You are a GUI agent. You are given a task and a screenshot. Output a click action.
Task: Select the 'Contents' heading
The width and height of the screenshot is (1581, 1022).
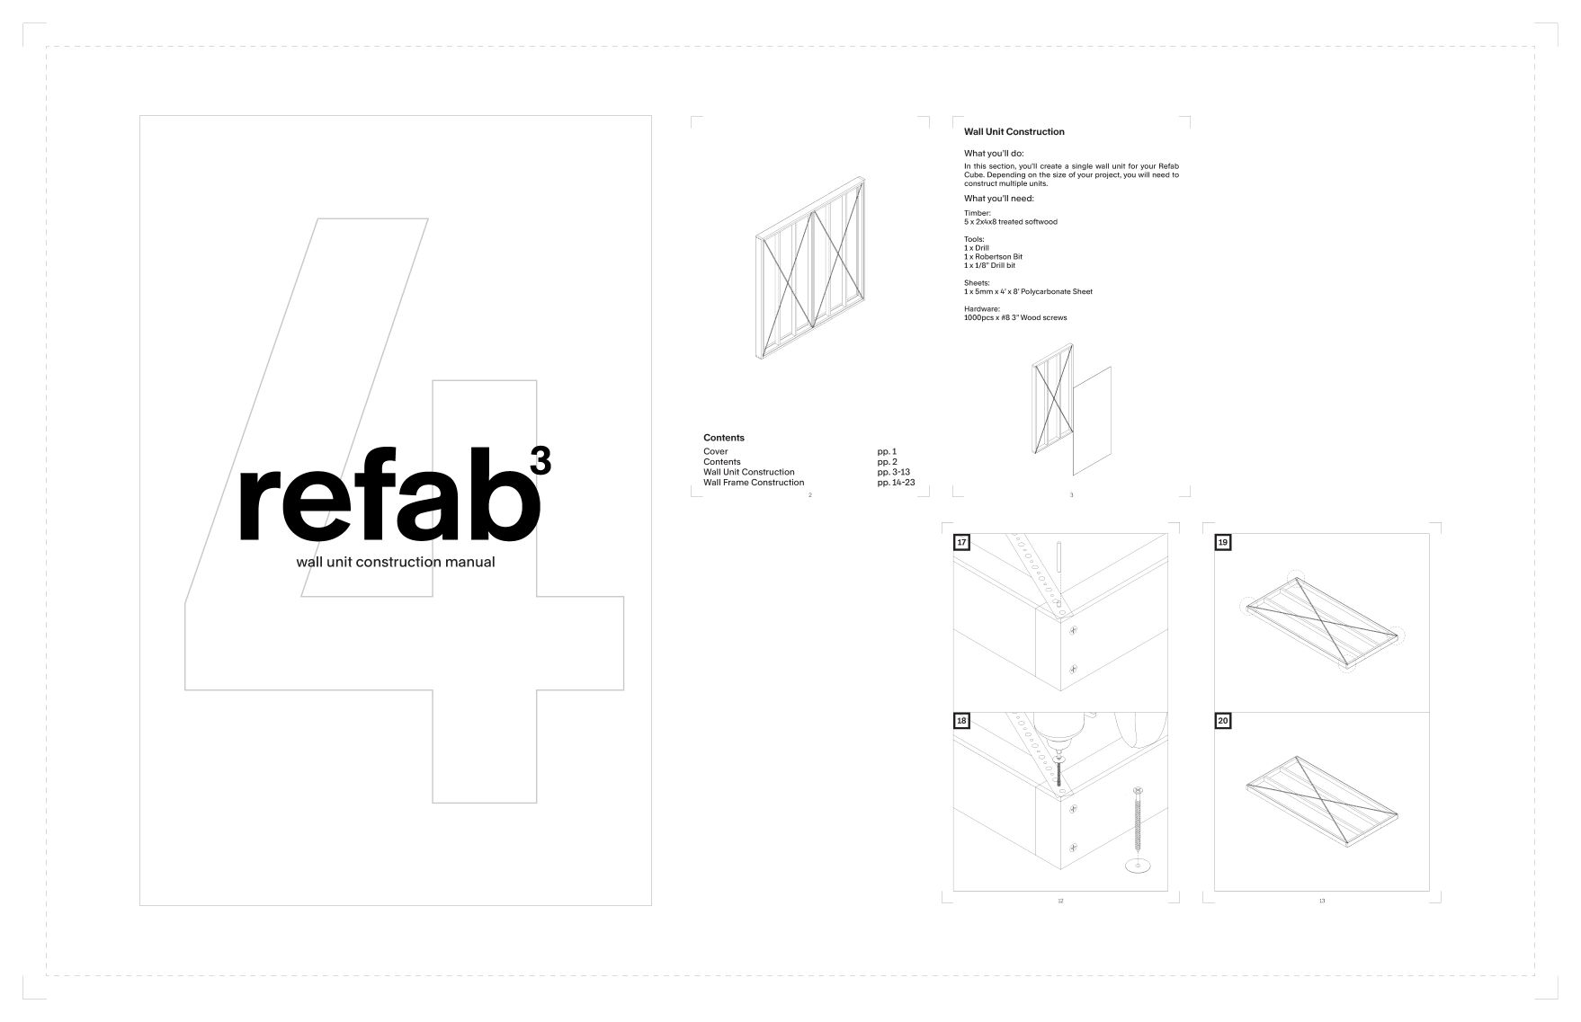coord(724,438)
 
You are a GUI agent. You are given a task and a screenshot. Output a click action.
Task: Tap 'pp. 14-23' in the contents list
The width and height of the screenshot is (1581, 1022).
coord(896,483)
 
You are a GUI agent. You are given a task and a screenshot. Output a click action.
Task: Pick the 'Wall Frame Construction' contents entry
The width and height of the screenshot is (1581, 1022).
coord(754,483)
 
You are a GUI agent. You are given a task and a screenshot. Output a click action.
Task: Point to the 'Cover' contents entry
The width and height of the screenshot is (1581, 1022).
coord(716,451)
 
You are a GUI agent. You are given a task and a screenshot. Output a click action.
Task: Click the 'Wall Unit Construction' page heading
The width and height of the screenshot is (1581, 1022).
coord(1014,132)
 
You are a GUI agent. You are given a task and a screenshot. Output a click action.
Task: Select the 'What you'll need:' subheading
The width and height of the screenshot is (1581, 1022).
coord(998,199)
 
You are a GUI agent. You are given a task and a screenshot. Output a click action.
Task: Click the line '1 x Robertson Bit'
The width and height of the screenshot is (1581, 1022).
coord(993,257)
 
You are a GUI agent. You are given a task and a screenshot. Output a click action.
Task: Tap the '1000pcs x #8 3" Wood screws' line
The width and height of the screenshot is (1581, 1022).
coord(1015,317)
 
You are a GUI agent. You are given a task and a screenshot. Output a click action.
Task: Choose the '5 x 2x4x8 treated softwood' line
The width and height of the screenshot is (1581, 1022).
coord(1010,222)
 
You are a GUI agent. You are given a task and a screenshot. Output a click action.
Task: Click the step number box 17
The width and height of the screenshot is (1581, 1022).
coord(962,543)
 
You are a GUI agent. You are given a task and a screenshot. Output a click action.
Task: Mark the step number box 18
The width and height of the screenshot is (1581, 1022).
coord(962,721)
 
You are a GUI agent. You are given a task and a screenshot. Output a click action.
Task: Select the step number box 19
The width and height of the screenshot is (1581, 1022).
coord(1223,543)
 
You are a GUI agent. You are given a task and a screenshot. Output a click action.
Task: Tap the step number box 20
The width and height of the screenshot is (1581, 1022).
coord(1223,721)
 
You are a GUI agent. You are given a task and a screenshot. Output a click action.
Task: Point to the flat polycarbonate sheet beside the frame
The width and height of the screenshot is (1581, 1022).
coord(1092,420)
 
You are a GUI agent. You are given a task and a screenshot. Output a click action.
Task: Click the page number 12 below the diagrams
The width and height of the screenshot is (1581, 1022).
coord(1060,901)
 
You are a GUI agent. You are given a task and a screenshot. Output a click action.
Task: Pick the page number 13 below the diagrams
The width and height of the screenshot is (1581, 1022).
coord(1321,901)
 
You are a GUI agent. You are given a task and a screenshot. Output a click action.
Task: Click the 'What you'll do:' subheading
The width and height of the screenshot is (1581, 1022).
coord(994,154)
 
